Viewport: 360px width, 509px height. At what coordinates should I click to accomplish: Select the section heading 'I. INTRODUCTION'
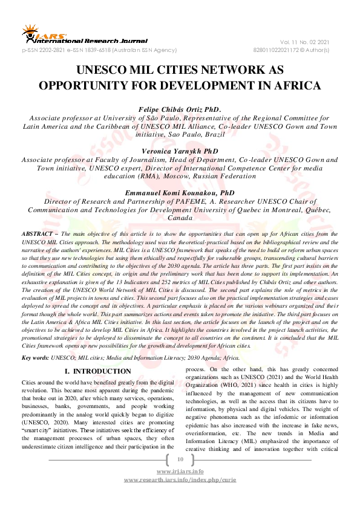[97, 371]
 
